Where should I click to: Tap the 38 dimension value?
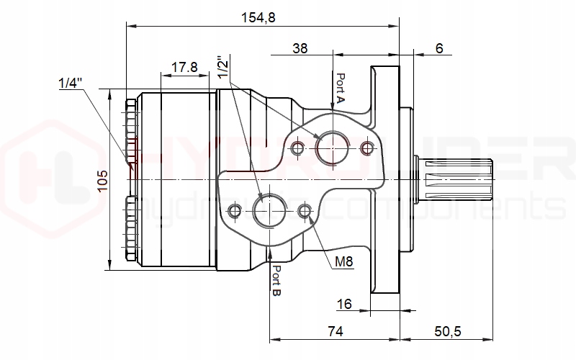(x=301, y=48)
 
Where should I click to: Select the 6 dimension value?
(x=439, y=48)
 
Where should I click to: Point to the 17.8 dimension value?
(x=184, y=67)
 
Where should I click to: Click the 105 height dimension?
(x=102, y=179)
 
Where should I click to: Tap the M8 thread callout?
(x=344, y=261)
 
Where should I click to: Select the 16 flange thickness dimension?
(x=344, y=304)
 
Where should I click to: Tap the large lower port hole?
(x=269, y=210)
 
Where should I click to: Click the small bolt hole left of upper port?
(x=297, y=148)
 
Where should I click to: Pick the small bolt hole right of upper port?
(x=368, y=148)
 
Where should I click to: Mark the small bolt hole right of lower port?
(x=305, y=211)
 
